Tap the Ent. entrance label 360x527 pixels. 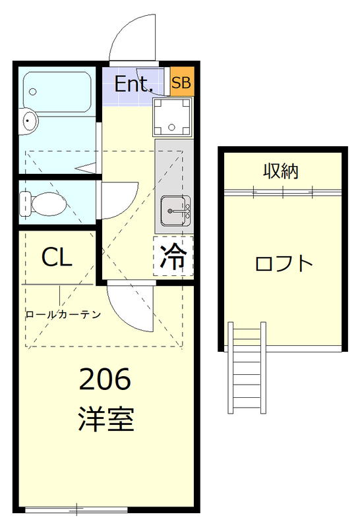click(134, 84)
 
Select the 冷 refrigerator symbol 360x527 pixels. click(173, 256)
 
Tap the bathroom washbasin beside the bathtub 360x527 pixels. click(29, 121)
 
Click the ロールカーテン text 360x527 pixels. click(63, 314)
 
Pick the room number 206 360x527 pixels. click(105, 380)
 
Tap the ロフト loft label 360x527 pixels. click(284, 263)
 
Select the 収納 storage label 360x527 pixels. click(282, 171)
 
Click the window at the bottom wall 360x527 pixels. click(77, 509)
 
